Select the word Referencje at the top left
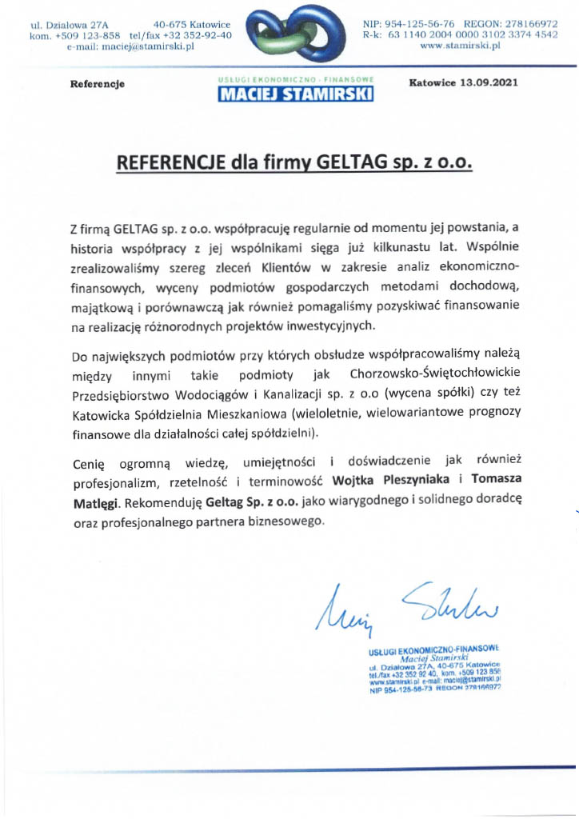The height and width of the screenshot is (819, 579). point(98,84)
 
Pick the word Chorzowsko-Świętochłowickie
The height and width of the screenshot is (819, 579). point(436,374)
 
